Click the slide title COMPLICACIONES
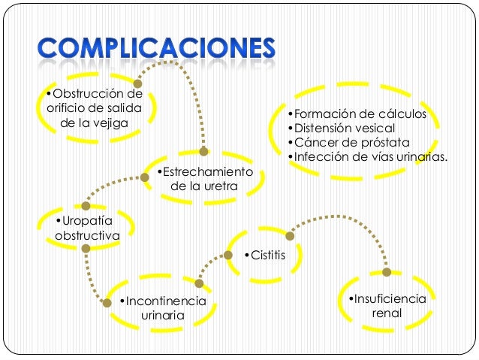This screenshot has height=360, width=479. tap(157, 50)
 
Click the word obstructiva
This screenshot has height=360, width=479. tap(87, 235)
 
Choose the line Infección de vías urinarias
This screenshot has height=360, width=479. tap(368, 157)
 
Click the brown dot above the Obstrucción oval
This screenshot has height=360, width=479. tap(137, 83)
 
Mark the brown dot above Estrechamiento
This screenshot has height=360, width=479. tap(203, 151)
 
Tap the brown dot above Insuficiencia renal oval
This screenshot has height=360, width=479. tap(387, 272)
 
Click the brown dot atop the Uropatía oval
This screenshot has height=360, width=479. tap(86, 205)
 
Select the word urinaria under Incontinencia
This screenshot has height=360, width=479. tap(162, 316)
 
